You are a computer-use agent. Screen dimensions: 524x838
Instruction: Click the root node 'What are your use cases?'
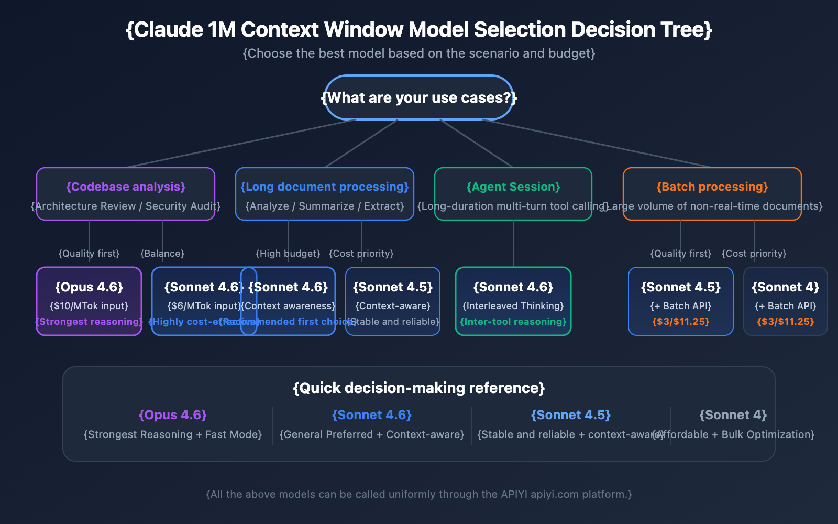click(x=418, y=98)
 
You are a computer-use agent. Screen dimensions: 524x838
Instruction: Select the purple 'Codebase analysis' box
click(x=126, y=194)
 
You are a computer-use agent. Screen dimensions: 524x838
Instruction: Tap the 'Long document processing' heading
click(x=325, y=187)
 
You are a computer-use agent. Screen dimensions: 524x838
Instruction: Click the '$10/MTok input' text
click(x=89, y=306)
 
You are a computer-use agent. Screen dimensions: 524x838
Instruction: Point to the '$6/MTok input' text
click(x=204, y=306)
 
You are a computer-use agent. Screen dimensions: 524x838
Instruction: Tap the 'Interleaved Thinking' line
click(x=513, y=306)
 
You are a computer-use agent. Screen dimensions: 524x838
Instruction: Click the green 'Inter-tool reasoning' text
click(x=513, y=322)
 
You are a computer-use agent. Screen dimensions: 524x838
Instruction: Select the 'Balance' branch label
click(x=162, y=254)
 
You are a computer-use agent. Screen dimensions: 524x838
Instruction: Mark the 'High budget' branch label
click(x=288, y=254)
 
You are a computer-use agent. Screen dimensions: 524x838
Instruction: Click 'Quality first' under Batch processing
click(x=681, y=254)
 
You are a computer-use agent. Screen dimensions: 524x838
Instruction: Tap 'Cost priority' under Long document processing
click(x=361, y=254)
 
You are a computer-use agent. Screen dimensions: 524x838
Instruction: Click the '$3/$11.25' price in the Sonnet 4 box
click(x=786, y=322)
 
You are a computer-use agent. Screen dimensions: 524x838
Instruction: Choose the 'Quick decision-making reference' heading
click(x=419, y=388)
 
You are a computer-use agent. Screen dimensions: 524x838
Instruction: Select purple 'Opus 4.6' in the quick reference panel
click(x=173, y=415)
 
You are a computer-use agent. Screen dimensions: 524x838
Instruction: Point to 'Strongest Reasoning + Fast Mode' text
click(x=173, y=434)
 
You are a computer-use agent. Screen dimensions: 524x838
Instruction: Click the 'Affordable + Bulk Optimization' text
click(x=738, y=434)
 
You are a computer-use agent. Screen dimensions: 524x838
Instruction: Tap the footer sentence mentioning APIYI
click(x=419, y=494)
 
